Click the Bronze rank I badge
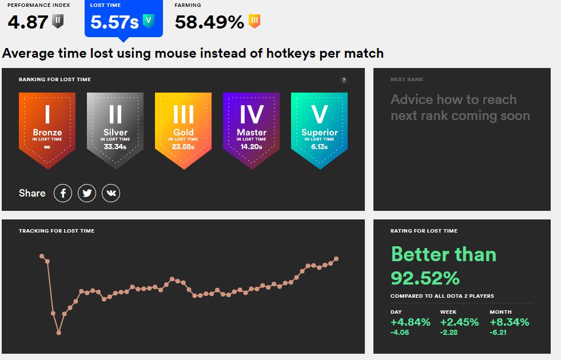(47, 129)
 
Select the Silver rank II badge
(115, 129)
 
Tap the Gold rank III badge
(183, 129)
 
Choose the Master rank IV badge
(251, 129)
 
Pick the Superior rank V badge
(319, 129)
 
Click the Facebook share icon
(63, 193)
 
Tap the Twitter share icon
(87, 193)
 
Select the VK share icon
(111, 193)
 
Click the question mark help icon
(344, 80)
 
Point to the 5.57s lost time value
(114, 22)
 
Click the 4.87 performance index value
(27, 22)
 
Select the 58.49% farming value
(209, 22)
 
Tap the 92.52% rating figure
(425, 278)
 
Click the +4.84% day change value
(410, 322)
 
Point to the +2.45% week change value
(459, 322)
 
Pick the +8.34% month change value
(509, 322)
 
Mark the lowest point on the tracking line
(58, 333)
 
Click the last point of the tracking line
(336, 258)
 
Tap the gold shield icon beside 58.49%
(255, 22)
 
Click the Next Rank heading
(407, 79)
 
